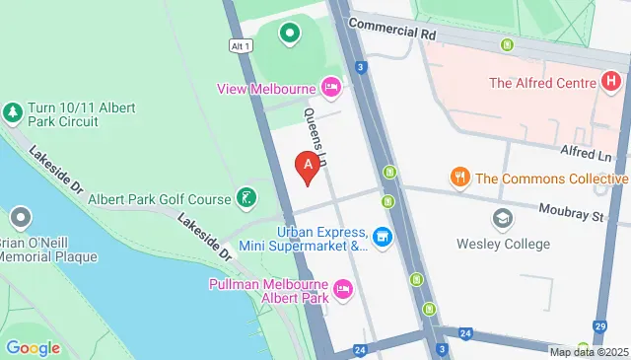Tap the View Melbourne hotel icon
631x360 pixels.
tap(332, 89)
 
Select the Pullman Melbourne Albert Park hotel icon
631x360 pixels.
tap(343, 289)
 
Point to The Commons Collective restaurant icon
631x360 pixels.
tap(459, 179)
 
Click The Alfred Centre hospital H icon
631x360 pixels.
tap(613, 83)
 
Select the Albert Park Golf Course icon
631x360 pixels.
tap(246, 198)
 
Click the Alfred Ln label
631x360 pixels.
tap(587, 154)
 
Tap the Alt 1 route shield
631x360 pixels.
tap(240, 46)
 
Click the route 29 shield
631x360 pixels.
tap(599, 325)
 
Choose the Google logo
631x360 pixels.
tap(33, 347)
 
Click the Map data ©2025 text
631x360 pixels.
tap(588, 352)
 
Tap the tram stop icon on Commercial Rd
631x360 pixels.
tap(508, 44)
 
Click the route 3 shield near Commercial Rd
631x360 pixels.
tap(362, 67)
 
